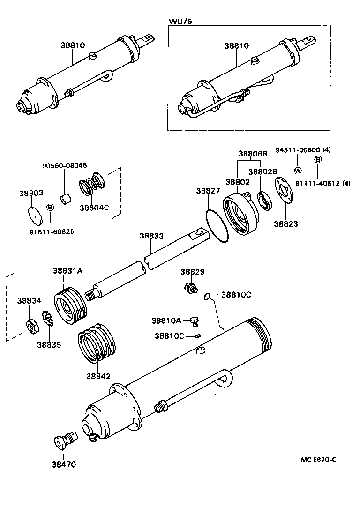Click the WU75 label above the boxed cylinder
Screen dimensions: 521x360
(180, 22)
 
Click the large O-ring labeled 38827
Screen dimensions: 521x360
(217, 226)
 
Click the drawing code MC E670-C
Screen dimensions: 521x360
(318, 460)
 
